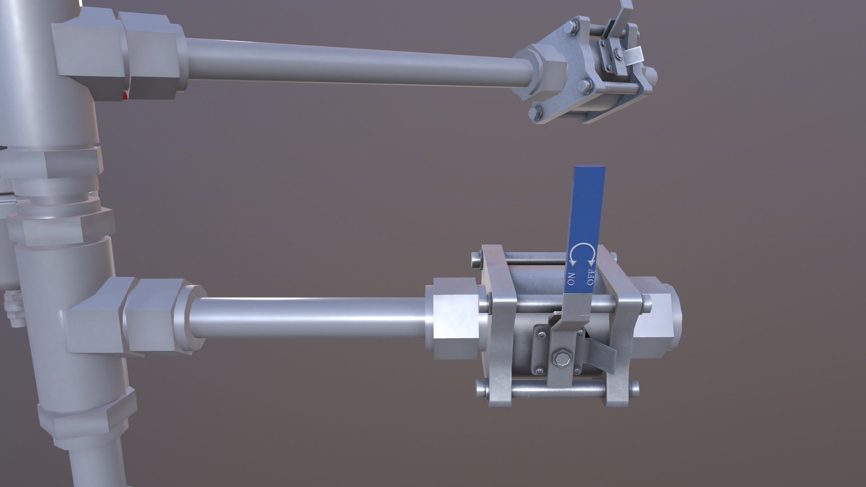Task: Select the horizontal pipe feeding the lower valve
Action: click(x=311, y=318)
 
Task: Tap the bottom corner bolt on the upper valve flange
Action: click(x=537, y=113)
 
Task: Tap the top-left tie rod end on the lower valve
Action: click(x=475, y=259)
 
